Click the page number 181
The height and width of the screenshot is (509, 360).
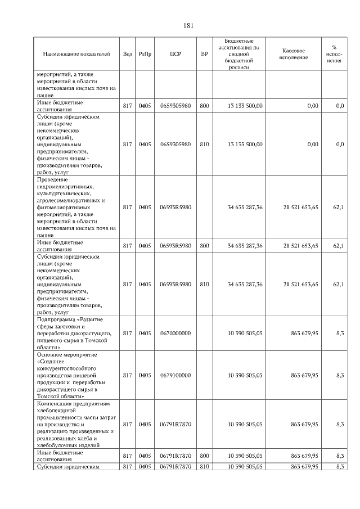point(188,25)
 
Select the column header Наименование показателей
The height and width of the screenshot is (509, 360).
point(76,54)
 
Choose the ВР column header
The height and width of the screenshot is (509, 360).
point(204,54)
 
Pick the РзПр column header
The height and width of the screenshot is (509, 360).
point(145,54)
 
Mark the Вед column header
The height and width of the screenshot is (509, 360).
point(128,54)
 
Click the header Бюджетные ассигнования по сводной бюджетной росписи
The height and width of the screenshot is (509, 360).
point(238,54)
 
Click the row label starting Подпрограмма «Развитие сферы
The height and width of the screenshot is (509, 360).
point(76,334)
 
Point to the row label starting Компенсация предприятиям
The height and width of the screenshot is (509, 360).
point(76,424)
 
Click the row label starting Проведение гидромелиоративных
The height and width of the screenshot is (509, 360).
point(76,208)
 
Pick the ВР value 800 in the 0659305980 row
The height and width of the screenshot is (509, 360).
point(204,106)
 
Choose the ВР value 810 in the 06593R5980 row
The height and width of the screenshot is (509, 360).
point(204,285)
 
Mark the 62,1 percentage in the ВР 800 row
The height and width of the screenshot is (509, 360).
point(339,246)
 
